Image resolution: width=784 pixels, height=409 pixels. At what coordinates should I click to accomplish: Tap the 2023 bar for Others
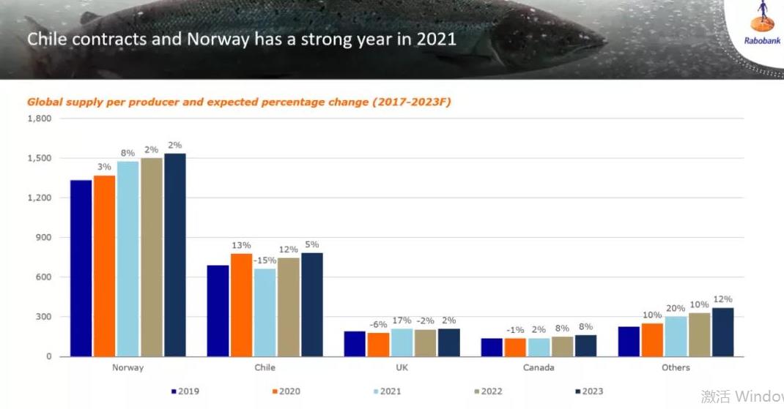[722, 332]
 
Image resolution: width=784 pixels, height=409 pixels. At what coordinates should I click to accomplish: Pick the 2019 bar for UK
[355, 344]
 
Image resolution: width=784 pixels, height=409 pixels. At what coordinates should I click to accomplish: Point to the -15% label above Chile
[265, 260]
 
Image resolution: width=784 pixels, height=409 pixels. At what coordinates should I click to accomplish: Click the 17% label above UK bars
[402, 320]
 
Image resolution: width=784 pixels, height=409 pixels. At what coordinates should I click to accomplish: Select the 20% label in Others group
[676, 308]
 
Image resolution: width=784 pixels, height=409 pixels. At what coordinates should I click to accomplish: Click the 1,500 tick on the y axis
[40, 158]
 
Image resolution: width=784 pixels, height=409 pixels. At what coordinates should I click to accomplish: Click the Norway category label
[127, 367]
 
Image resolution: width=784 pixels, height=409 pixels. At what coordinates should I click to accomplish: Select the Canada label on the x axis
[539, 367]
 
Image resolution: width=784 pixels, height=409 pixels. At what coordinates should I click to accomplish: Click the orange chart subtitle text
[239, 102]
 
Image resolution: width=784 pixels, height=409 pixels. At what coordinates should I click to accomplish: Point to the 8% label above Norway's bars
[127, 153]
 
